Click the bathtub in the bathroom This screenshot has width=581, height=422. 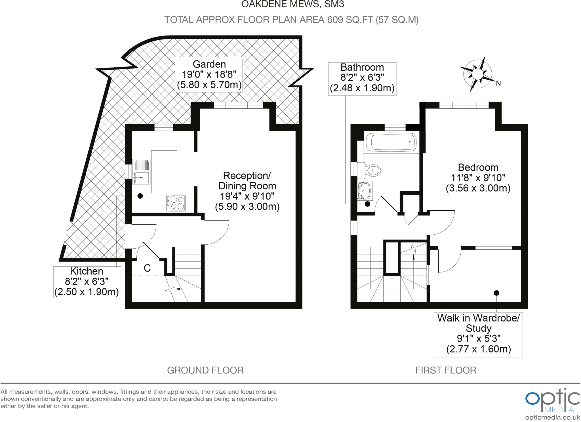391,142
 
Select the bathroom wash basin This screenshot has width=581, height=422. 365,190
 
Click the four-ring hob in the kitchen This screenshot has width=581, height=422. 176,203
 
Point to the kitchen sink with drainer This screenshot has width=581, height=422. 141,172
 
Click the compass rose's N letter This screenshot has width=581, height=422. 498,83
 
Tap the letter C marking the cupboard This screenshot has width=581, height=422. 147,268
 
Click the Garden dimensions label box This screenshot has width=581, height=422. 209,75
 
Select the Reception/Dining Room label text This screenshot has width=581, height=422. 247,191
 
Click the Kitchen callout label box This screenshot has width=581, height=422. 87,282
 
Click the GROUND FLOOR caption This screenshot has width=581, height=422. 205,370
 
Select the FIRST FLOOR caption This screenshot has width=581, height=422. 446,370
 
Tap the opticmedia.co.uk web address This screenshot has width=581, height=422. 552,417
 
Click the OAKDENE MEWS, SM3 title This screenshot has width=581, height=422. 293,4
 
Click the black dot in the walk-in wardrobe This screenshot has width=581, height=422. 496,293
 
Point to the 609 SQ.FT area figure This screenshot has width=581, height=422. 350,20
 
